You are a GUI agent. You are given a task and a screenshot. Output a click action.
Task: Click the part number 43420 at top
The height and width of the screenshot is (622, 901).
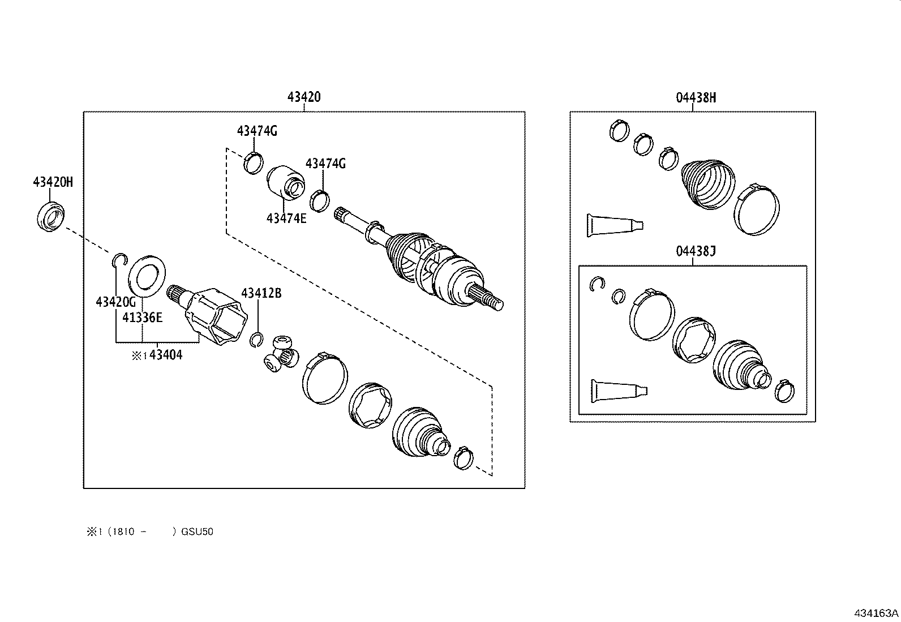(304, 97)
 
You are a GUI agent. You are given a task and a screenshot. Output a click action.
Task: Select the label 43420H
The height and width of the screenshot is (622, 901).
(53, 182)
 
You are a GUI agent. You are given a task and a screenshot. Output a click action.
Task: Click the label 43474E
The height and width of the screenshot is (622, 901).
(286, 218)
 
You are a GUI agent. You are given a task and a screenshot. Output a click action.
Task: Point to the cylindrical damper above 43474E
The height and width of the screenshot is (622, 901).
(286, 182)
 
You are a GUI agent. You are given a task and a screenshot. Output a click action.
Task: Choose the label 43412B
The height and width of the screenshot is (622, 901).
(261, 293)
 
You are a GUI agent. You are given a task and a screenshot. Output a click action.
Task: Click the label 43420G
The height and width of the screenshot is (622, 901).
(116, 302)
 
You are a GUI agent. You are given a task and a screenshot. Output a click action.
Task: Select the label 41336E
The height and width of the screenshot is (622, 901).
(142, 318)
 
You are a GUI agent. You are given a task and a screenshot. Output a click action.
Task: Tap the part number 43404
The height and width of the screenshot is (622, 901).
(165, 355)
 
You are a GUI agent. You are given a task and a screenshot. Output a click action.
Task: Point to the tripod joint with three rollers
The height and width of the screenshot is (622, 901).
(282, 354)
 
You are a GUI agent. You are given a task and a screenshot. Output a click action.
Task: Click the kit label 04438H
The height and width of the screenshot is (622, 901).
(696, 97)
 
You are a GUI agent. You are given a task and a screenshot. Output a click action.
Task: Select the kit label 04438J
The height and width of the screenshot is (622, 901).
(696, 251)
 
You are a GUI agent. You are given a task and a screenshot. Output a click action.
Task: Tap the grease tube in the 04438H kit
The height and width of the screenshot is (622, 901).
(615, 225)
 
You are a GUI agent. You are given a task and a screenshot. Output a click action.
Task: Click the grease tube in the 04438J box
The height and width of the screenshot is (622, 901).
(619, 391)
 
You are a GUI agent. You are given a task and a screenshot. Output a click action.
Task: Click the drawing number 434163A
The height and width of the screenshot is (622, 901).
(876, 613)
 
